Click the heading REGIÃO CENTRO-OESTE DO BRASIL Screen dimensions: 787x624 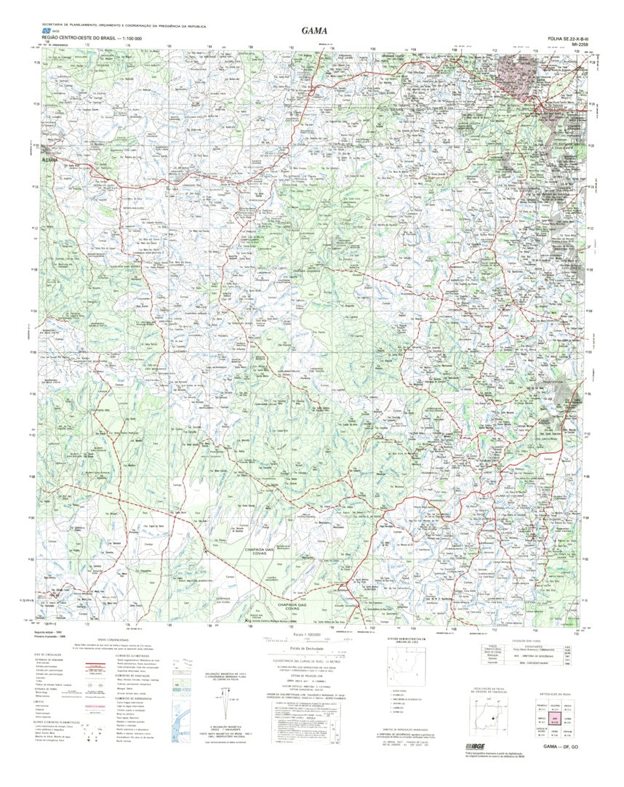coord(81,37)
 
